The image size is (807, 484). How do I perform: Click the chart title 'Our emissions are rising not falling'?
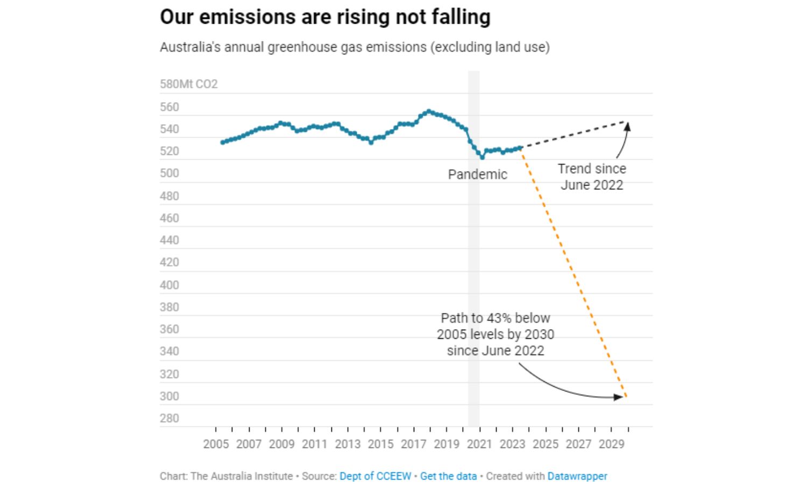(x=325, y=17)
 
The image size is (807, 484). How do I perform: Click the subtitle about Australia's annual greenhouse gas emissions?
(x=355, y=47)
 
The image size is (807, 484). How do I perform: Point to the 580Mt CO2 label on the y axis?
(x=188, y=84)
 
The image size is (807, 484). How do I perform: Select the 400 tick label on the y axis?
(x=169, y=285)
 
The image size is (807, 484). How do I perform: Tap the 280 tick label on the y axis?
(x=169, y=418)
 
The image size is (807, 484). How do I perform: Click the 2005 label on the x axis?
(x=216, y=444)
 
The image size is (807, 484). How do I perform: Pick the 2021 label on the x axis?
(x=479, y=444)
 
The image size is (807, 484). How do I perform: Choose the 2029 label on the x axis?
(x=611, y=444)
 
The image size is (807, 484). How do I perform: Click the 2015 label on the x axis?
(x=380, y=444)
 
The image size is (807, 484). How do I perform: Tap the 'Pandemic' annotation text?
(x=477, y=175)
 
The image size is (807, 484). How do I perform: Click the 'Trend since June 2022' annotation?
(x=592, y=177)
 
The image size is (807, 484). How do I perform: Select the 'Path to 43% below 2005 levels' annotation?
(x=495, y=334)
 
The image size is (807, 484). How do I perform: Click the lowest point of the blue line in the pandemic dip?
(x=482, y=157)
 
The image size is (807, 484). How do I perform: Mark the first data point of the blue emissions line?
(x=222, y=143)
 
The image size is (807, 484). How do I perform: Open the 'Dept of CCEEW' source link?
(x=375, y=476)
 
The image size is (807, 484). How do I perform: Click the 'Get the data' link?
(x=448, y=476)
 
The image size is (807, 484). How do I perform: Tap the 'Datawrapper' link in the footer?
(x=577, y=476)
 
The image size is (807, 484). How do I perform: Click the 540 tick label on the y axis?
(x=169, y=130)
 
